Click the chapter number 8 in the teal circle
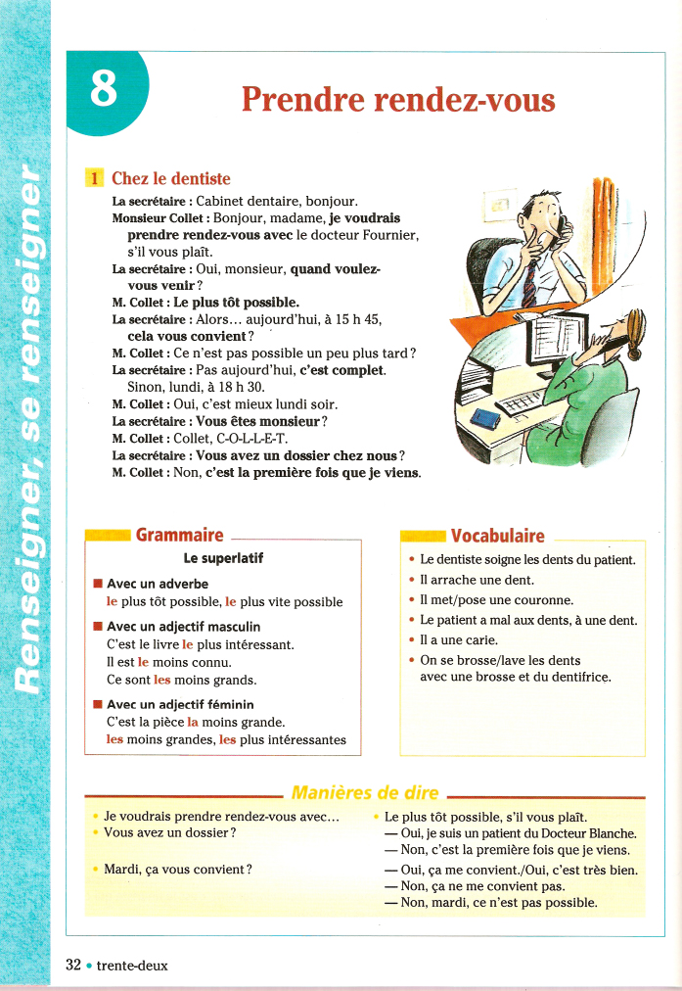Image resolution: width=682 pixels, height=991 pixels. pyautogui.click(x=104, y=89)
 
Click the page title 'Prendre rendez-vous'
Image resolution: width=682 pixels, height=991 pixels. pyautogui.click(x=397, y=100)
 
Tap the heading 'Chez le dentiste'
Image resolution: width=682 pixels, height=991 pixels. pyautogui.click(x=171, y=178)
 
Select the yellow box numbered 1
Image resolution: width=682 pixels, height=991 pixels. pyautogui.click(x=95, y=178)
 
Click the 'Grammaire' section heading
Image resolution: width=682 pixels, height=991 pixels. pyautogui.click(x=179, y=535)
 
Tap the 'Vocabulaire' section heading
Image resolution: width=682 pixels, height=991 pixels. pyautogui.click(x=497, y=535)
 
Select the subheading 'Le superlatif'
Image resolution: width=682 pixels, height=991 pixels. pyautogui.click(x=223, y=559)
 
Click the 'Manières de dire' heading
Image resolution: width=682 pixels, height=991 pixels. pyautogui.click(x=365, y=792)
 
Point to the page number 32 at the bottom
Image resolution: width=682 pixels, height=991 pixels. pyautogui.click(x=73, y=965)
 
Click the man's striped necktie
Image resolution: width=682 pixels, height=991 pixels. pyautogui.click(x=528, y=279)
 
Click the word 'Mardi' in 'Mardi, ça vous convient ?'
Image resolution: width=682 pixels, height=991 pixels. pyautogui.click(x=120, y=869)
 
